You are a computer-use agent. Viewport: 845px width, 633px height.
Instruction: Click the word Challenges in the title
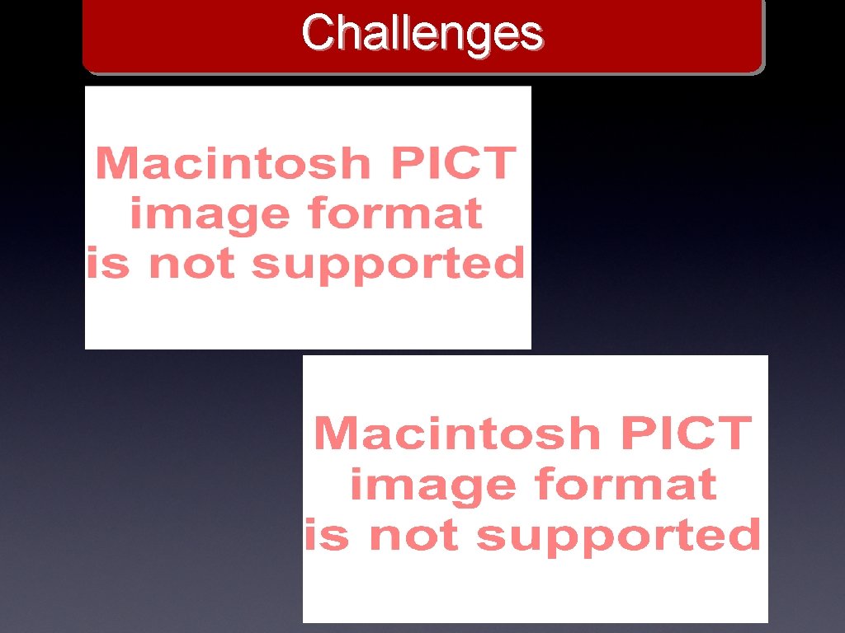(422, 34)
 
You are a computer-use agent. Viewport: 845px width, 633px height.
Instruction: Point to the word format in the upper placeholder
(394, 214)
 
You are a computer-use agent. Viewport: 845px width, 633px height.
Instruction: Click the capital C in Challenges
(316, 34)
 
